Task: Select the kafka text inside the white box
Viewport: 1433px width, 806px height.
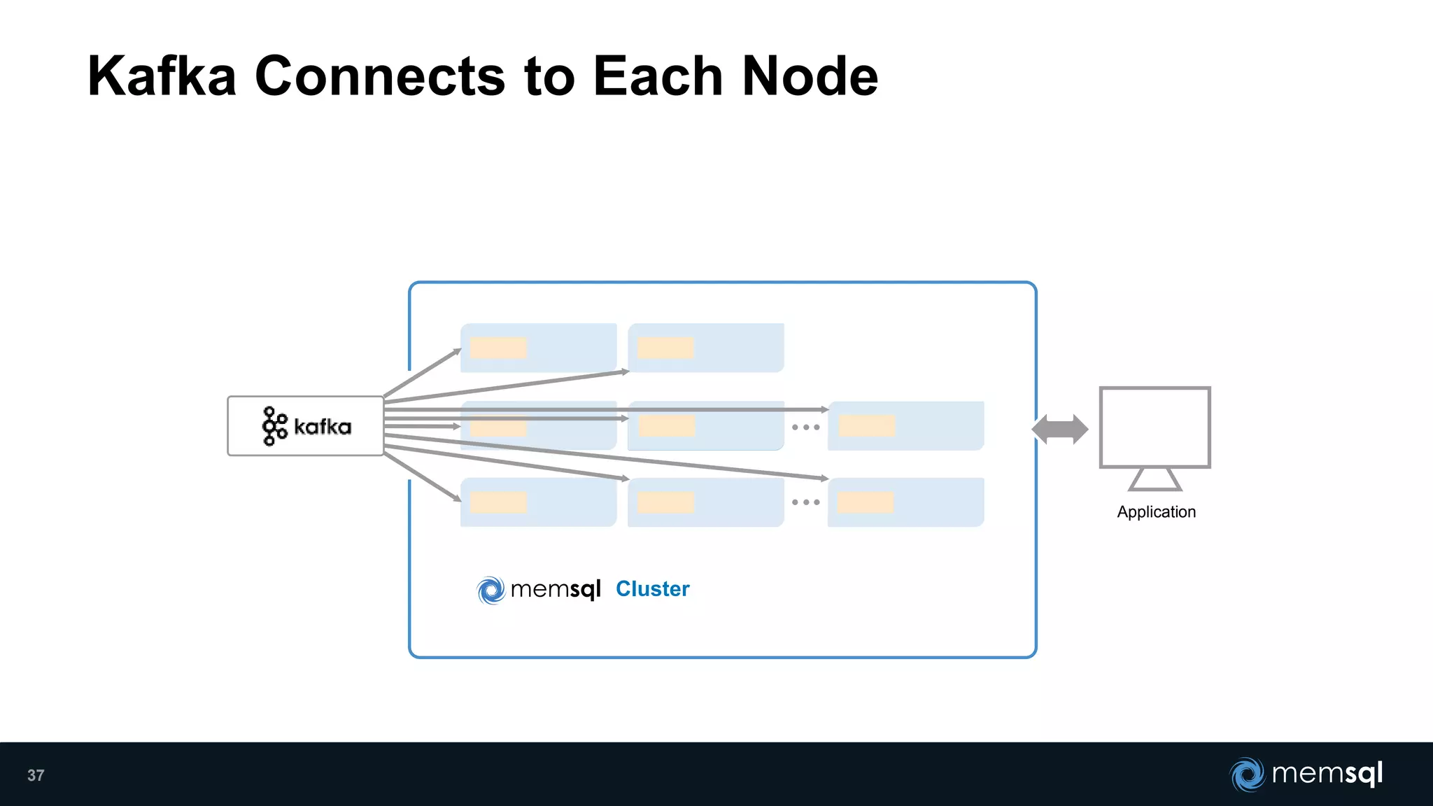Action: pyautogui.click(x=323, y=427)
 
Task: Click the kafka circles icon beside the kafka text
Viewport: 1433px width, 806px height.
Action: pyautogui.click(x=274, y=426)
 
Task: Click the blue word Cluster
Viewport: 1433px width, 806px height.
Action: pyautogui.click(x=652, y=589)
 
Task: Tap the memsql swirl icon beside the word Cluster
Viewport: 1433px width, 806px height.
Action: pyautogui.click(x=491, y=590)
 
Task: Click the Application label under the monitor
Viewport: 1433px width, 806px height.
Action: pyautogui.click(x=1156, y=512)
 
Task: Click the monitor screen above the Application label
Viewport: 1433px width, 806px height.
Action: pyautogui.click(x=1155, y=427)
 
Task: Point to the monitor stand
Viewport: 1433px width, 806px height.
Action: pyautogui.click(x=1155, y=479)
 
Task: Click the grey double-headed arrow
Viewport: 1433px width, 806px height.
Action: pyautogui.click(x=1060, y=429)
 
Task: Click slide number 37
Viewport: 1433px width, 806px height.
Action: pyautogui.click(x=36, y=775)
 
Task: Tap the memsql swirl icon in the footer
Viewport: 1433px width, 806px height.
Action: pyautogui.click(x=1247, y=775)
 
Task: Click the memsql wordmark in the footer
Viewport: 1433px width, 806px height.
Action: pyautogui.click(x=1327, y=774)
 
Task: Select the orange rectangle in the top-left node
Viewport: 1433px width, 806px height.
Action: pyautogui.click(x=498, y=348)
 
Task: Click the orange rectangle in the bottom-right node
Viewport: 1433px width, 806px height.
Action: pyautogui.click(x=866, y=502)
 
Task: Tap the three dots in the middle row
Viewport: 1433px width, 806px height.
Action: pyautogui.click(x=805, y=427)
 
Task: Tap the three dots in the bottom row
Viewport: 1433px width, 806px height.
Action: pyautogui.click(x=805, y=502)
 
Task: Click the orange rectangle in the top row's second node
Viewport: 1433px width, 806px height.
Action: pyautogui.click(x=665, y=348)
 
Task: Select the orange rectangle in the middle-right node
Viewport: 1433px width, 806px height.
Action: pyautogui.click(x=867, y=425)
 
